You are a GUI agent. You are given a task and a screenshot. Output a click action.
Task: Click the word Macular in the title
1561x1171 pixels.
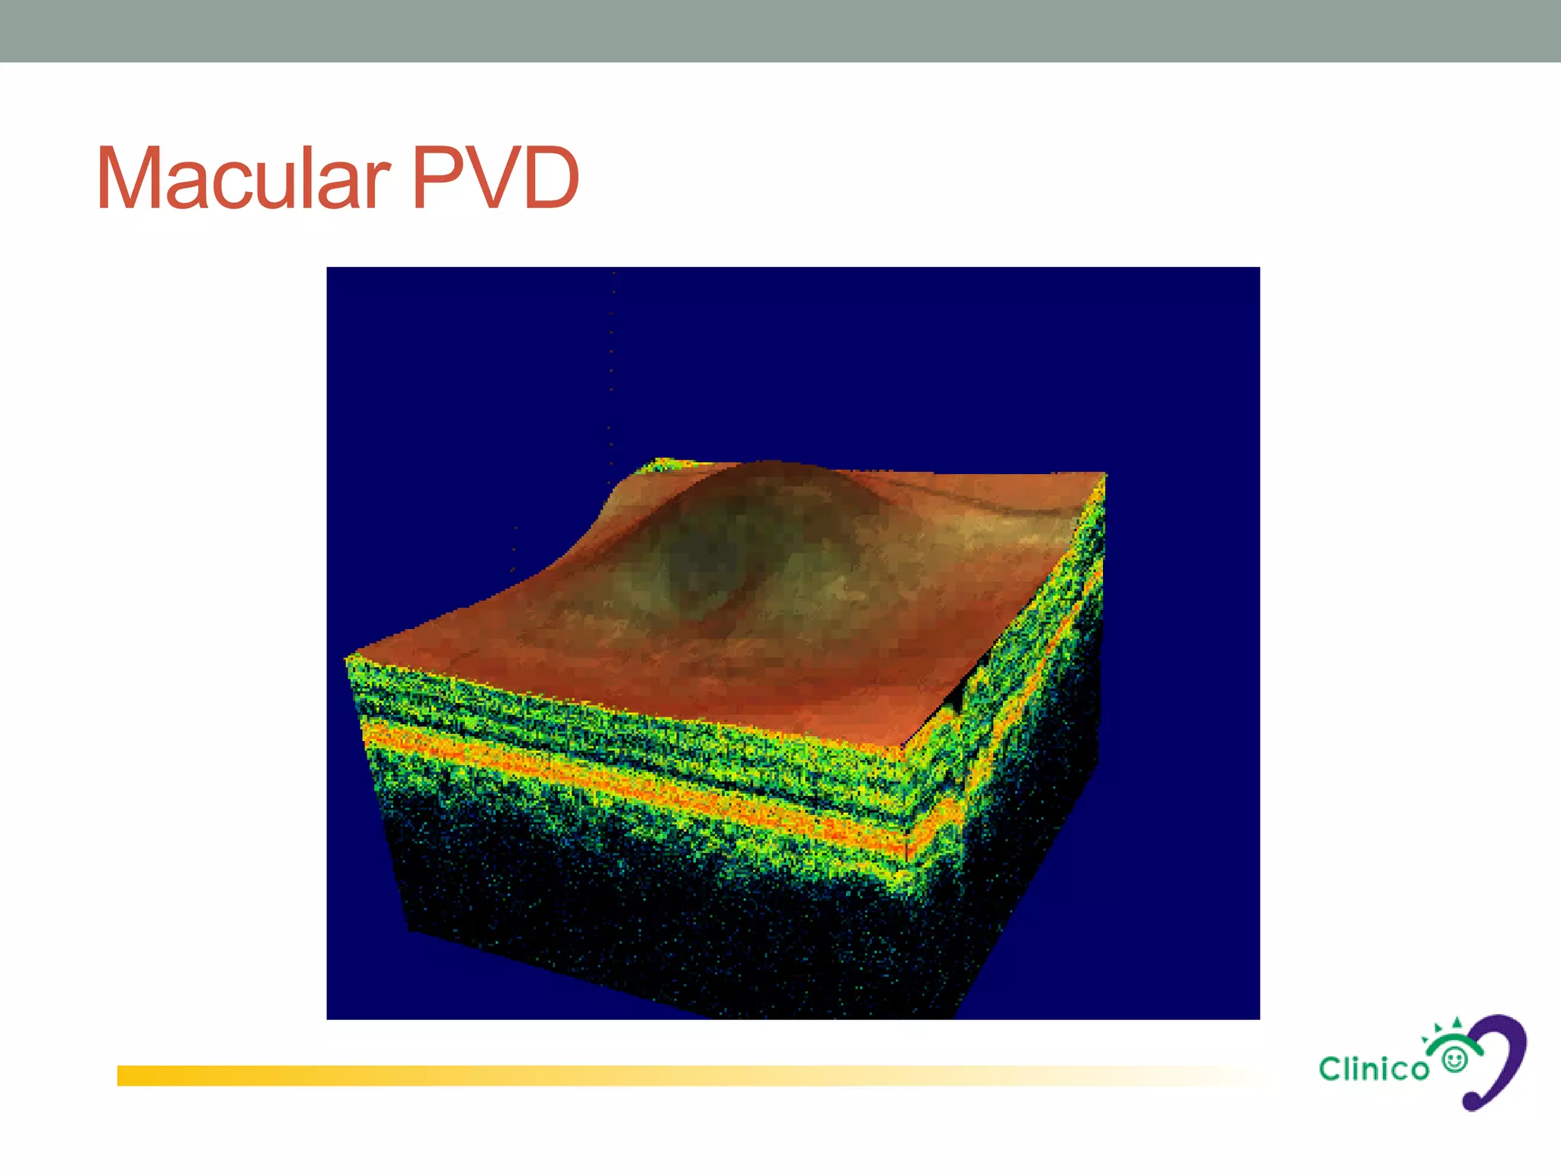pos(242,178)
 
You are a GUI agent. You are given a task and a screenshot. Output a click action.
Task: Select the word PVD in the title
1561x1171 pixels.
pos(495,178)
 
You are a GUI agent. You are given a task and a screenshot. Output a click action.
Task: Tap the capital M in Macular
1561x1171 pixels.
pos(128,178)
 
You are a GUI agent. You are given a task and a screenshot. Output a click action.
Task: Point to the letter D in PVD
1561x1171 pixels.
pos(547,178)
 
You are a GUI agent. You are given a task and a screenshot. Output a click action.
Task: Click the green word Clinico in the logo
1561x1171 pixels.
pos(1373,1069)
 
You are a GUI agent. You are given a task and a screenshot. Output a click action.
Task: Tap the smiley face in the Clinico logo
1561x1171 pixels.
pos(1455,1060)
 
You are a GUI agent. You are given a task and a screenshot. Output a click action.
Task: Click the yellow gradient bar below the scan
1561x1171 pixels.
pos(610,1075)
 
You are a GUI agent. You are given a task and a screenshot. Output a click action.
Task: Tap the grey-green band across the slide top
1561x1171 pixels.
pos(780,30)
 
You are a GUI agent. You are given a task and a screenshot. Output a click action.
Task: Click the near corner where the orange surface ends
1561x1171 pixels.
pos(903,746)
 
